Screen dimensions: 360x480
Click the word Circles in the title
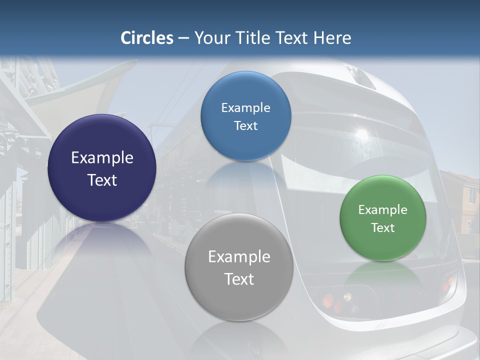(147, 38)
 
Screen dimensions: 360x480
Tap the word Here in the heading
(332, 38)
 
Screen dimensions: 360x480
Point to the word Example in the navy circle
(102, 158)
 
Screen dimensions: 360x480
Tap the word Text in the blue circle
(245, 125)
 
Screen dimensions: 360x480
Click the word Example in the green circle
(383, 210)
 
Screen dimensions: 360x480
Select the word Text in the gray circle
(239, 279)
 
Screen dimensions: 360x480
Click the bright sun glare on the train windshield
(361, 133)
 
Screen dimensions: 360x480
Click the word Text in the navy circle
(102, 180)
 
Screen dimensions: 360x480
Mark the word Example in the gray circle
(239, 257)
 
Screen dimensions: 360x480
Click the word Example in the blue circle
(245, 108)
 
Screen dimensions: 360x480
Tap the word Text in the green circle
(383, 228)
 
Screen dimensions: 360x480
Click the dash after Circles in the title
(183, 38)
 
